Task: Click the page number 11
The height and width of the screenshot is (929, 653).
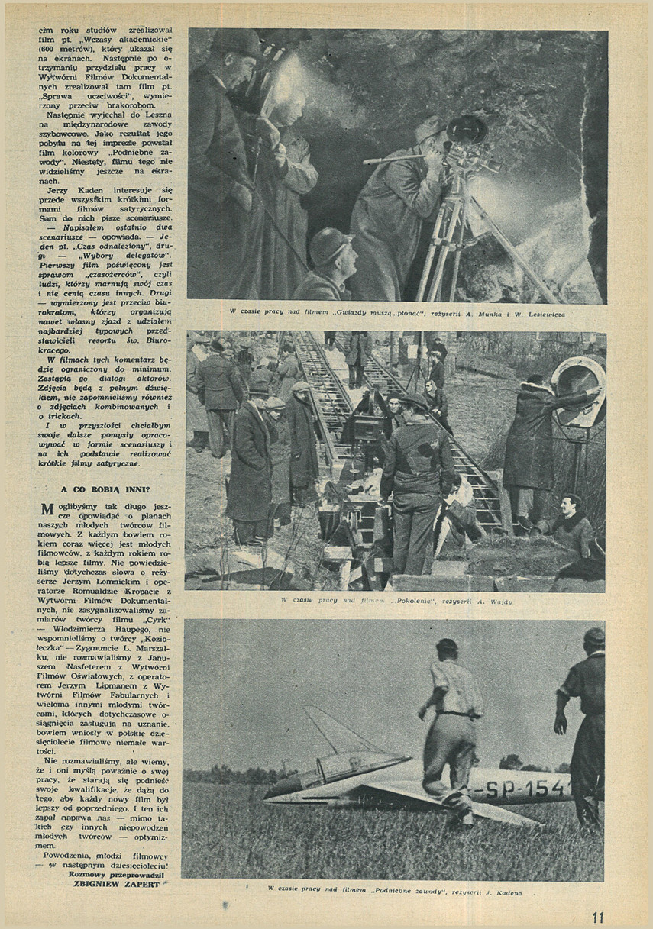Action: coord(597,917)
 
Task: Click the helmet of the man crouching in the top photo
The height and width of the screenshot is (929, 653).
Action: coord(331,246)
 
